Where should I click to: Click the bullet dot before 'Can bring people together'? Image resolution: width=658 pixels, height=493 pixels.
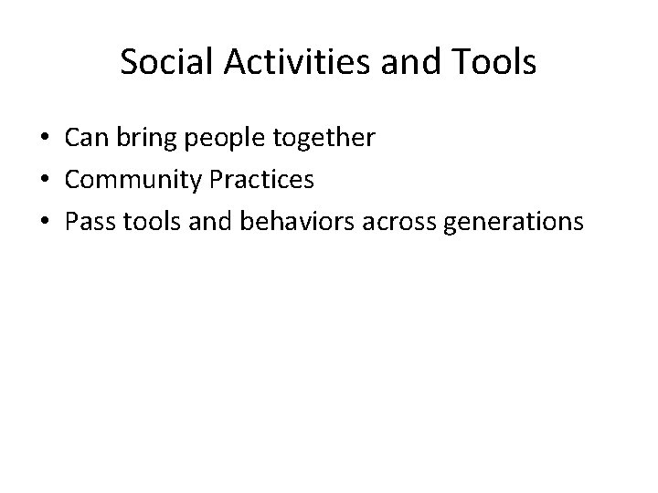[46, 139]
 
